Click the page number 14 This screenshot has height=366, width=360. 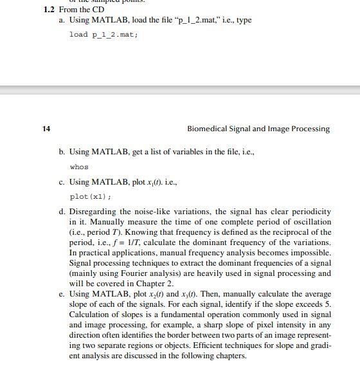click(x=46, y=129)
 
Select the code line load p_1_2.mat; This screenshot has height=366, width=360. click(x=104, y=34)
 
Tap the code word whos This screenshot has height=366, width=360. click(x=78, y=167)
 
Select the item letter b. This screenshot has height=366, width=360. click(x=61, y=152)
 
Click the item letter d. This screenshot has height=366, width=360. click(x=61, y=212)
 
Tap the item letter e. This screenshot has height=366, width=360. click(x=61, y=294)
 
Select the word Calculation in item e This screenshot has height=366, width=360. click(x=90, y=315)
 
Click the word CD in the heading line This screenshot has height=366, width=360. click(x=98, y=10)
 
